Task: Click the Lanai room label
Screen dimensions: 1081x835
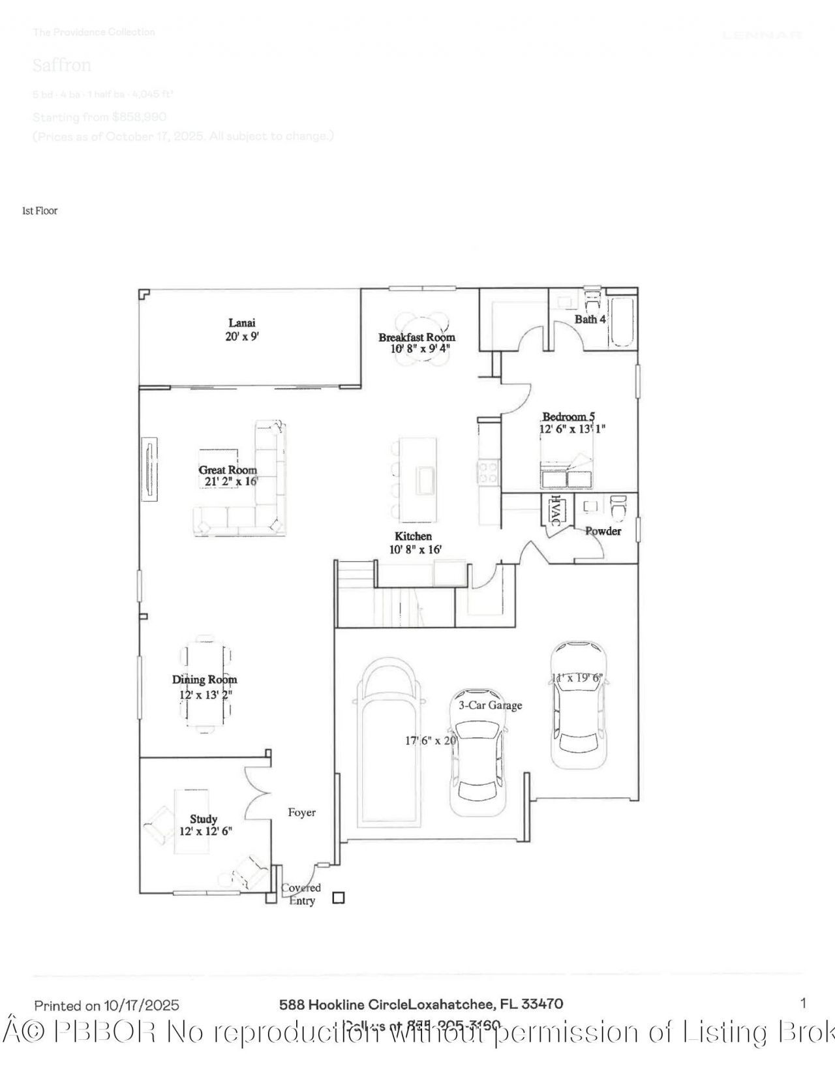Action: coord(242,323)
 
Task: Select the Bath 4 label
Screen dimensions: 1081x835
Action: coord(590,319)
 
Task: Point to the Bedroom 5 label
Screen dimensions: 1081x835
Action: coord(568,417)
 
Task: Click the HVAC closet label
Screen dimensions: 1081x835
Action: coord(555,511)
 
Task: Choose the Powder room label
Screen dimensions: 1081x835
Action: coord(603,531)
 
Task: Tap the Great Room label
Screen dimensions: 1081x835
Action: coord(228,470)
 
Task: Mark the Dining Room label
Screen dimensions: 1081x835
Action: coord(205,680)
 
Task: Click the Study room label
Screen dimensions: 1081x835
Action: coord(204,819)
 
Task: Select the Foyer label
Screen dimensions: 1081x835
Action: coord(301,813)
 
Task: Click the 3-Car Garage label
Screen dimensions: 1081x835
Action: coord(490,705)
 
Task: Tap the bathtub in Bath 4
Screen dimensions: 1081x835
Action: coord(622,322)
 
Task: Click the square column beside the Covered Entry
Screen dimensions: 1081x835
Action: coord(338,898)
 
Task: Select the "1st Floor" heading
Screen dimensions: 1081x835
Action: coord(40,211)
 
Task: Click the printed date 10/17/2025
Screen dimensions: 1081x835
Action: coord(142,1005)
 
